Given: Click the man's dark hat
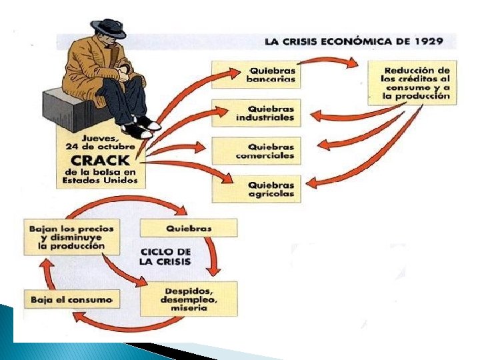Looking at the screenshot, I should point(109,27).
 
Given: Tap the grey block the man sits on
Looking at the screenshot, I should point(63,111).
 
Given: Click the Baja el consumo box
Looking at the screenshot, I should point(72,299).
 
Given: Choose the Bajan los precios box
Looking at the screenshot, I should point(72,236).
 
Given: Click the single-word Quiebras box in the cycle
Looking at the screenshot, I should point(189,228).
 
